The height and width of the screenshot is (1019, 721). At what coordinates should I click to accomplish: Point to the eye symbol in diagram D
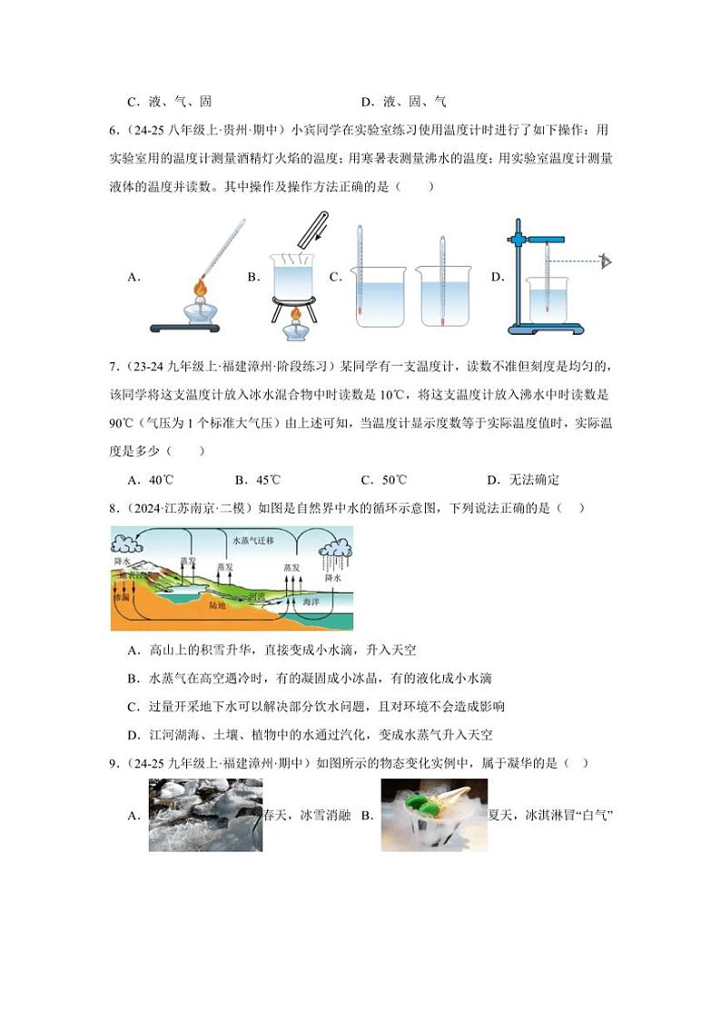[x=606, y=262]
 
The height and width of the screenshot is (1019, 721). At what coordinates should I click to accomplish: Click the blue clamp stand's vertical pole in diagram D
[x=518, y=272]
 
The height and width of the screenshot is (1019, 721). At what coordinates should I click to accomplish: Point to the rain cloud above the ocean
[x=335, y=549]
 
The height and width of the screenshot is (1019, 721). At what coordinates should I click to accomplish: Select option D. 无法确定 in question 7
[x=523, y=480]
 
